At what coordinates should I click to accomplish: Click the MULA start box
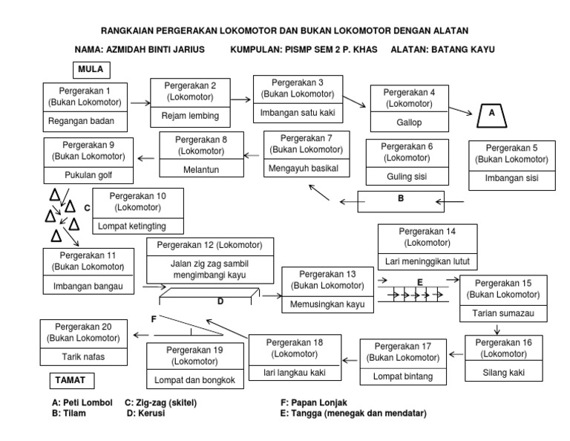tap(91, 70)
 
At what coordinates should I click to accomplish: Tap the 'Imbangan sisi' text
tap(511, 179)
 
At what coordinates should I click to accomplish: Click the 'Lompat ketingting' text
tap(138, 226)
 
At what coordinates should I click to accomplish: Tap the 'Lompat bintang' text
tap(404, 376)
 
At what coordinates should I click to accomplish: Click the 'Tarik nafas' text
tap(86, 356)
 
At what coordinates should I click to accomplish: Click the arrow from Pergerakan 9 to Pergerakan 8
tap(147, 157)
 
